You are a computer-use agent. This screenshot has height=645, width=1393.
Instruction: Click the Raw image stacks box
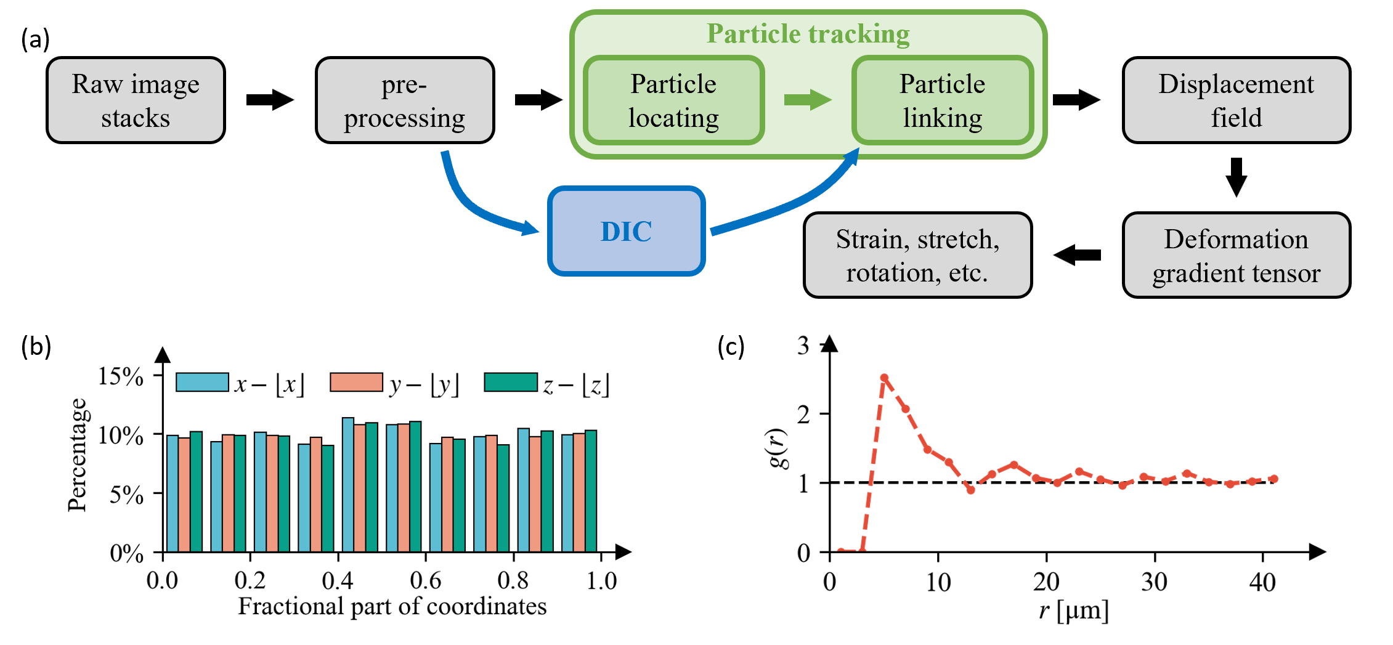tap(136, 100)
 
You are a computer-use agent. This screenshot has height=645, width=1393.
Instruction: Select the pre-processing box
tap(405, 100)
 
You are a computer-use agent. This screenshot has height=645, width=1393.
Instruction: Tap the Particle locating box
tap(673, 100)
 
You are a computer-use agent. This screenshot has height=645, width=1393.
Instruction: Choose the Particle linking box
tap(942, 100)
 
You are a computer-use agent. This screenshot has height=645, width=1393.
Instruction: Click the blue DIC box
tap(626, 231)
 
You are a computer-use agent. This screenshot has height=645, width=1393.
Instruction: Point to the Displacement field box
tap(1236, 100)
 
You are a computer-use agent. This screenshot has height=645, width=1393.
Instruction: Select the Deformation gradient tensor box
tap(1236, 256)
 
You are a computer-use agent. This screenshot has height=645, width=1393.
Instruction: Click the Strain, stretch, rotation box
tap(917, 256)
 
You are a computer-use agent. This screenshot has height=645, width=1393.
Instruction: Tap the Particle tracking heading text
tap(808, 34)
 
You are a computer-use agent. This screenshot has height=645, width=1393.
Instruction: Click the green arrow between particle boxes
tap(808, 99)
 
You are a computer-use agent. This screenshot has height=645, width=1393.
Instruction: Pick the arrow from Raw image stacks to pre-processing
tap(270, 100)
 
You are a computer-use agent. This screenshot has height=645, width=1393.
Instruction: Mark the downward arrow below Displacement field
tap(1236, 177)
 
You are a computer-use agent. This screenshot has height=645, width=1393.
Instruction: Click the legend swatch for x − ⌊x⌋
tap(202, 382)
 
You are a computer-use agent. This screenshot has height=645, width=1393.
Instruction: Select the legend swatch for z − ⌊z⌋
tap(511, 382)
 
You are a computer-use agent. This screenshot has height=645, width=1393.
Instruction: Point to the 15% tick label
tap(121, 376)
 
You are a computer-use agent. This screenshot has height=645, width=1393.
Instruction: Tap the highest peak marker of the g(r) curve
tap(884, 378)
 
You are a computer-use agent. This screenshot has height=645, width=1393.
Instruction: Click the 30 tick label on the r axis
tap(1154, 582)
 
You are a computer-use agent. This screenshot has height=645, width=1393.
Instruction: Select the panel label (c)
tap(731, 347)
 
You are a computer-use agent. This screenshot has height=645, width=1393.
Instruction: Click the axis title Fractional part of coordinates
tap(392, 606)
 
